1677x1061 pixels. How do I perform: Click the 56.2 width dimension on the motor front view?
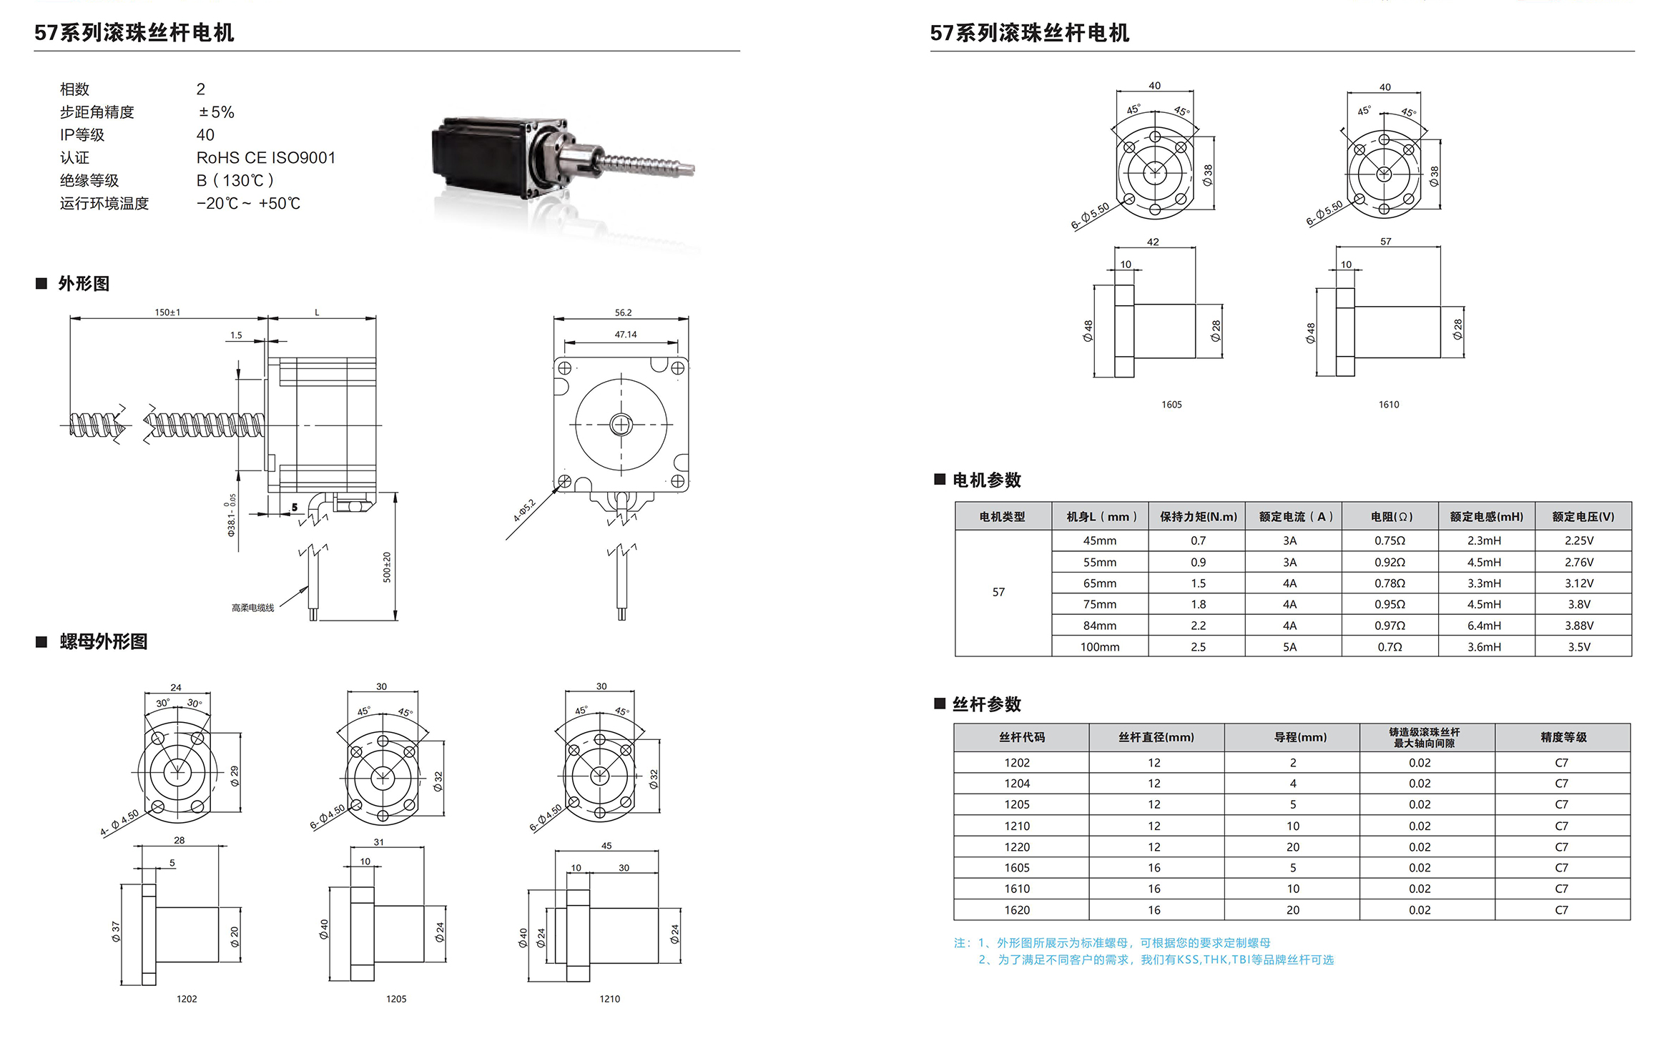point(623,312)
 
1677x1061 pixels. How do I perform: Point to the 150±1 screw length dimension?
point(167,312)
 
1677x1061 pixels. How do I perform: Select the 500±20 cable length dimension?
point(387,567)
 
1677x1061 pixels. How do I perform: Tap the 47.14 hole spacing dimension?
point(625,334)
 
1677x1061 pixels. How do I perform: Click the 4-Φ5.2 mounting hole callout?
point(524,510)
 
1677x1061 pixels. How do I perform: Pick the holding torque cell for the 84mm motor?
point(1198,626)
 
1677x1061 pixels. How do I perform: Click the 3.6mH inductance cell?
point(1484,647)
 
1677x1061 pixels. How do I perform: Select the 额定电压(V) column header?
point(1583,516)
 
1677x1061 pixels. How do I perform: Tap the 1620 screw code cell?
point(1017,910)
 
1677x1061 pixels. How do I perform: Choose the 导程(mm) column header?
point(1300,737)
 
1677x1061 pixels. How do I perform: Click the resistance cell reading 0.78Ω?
point(1390,583)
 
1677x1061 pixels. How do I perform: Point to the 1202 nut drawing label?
point(187,999)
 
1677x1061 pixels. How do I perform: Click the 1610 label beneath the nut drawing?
point(1389,405)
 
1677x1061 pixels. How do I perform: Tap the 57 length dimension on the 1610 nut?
point(1386,242)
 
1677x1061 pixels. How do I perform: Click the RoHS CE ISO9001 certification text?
point(266,157)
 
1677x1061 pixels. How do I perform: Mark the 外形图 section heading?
point(84,284)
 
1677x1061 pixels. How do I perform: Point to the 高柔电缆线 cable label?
point(252,608)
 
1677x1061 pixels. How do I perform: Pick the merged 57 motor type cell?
point(998,592)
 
